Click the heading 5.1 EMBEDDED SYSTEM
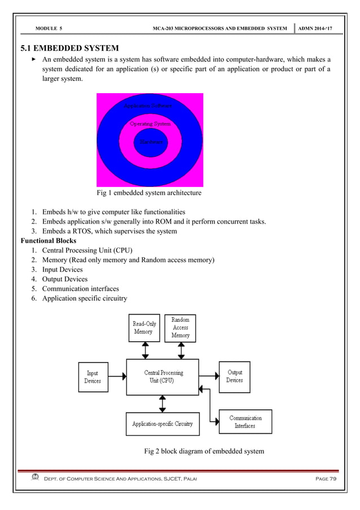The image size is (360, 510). click(x=69, y=47)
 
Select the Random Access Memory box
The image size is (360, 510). click(x=180, y=328)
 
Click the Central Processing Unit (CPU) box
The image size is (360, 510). click(x=163, y=377)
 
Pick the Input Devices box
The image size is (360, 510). click(x=93, y=377)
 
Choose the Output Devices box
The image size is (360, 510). click(x=234, y=377)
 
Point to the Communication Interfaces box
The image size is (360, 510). click(x=245, y=422)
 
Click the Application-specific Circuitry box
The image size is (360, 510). click(x=163, y=424)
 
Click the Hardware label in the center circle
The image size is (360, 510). click(x=150, y=142)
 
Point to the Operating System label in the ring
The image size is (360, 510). click(x=150, y=123)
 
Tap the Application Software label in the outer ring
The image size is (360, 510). click(x=148, y=106)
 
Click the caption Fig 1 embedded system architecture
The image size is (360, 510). click(x=150, y=193)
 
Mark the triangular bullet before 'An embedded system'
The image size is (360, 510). click(x=33, y=59)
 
